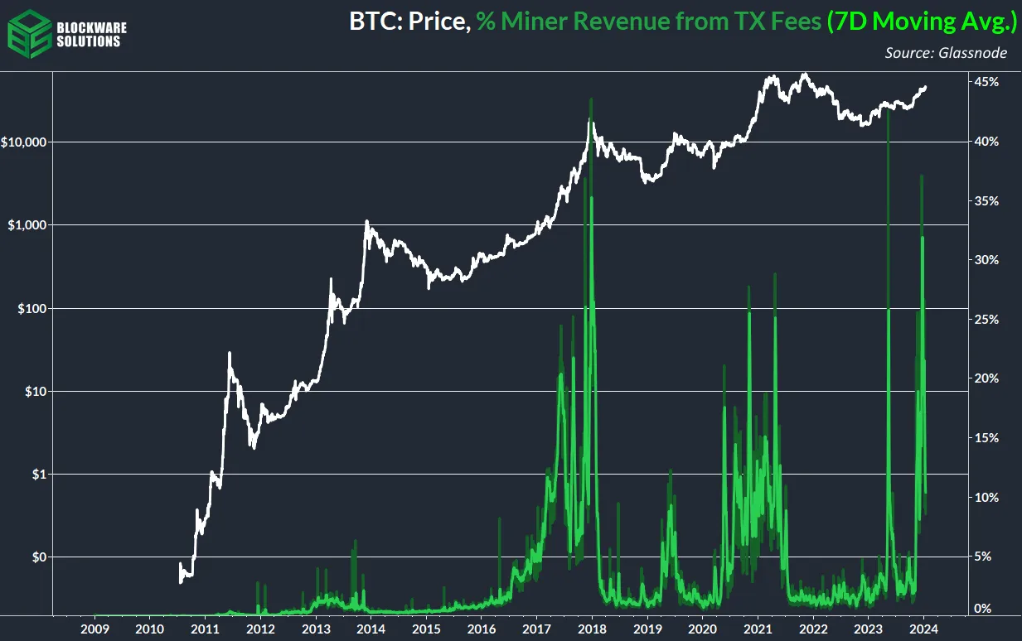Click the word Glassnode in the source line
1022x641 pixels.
[982, 53]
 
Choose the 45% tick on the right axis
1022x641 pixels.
[987, 82]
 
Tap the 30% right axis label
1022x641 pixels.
[987, 260]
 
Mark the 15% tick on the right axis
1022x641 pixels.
[987, 437]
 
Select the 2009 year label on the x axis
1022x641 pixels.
[95, 628]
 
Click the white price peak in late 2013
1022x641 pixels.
[366, 221]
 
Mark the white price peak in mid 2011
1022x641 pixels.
[229, 353]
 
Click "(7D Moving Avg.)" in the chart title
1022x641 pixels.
[921, 22]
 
